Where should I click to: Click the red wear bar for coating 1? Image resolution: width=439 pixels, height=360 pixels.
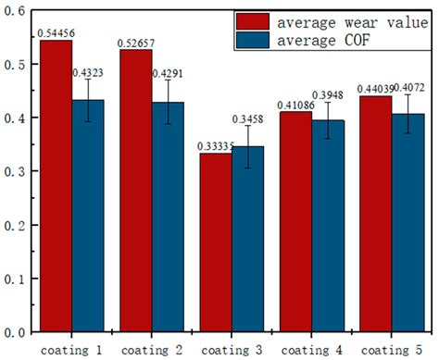click(x=55, y=185)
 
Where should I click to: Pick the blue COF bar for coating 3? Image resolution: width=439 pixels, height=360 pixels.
click(x=247, y=245)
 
